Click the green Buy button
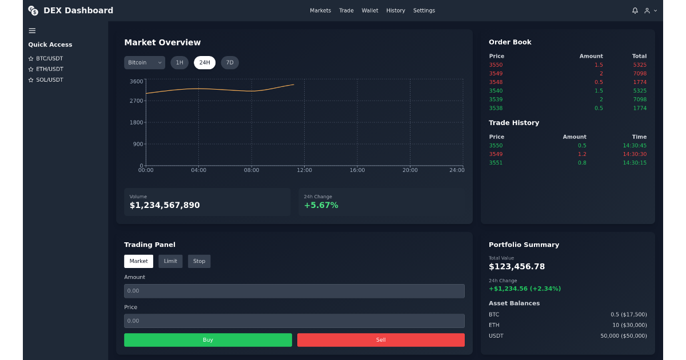pos(208,340)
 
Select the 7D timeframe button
pos(230,63)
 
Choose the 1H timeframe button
pos(180,63)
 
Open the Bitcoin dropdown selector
pos(145,63)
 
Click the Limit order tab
pos(170,261)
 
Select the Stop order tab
pos(199,261)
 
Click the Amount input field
pos(294,291)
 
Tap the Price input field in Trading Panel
pos(294,321)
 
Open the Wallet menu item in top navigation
pos(370,11)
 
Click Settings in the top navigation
pos(424,11)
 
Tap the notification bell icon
pos(635,11)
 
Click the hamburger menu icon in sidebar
pos(32,31)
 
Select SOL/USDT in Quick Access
pos(49,80)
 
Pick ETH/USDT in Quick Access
pos(49,69)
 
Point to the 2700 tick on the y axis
pos(137,101)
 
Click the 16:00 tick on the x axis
pos(357,170)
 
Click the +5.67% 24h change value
pos(321,205)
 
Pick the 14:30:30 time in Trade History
pos(635,154)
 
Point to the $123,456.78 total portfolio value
pos(517,267)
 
